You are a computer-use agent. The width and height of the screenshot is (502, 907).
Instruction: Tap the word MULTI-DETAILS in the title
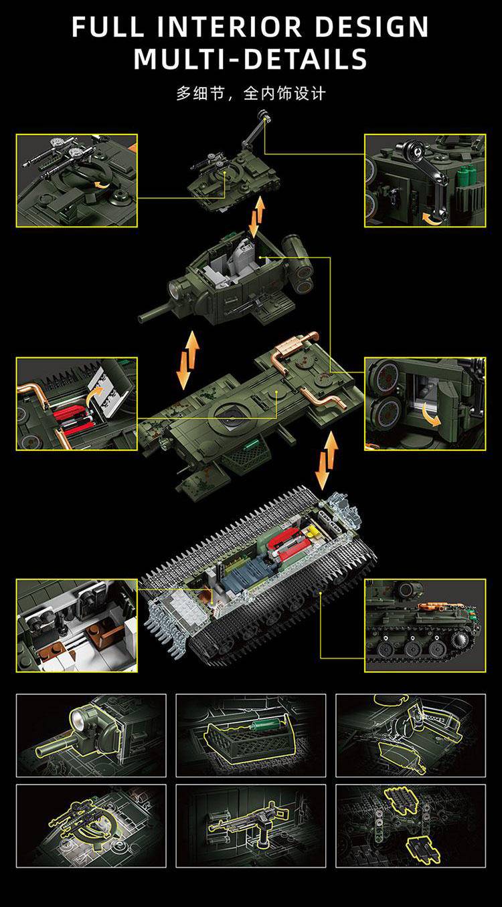coord(250,59)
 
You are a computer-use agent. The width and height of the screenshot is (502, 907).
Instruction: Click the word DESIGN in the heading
coord(371,27)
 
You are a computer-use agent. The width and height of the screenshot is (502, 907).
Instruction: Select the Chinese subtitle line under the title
coord(251,94)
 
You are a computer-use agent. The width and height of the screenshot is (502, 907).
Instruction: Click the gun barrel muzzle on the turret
coord(141,318)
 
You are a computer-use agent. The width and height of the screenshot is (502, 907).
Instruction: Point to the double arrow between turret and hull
coord(188,360)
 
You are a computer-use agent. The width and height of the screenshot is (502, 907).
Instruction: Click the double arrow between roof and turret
coord(257,217)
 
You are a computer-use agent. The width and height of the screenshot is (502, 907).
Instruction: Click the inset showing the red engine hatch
coord(76,404)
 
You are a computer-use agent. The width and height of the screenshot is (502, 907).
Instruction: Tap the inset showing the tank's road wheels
coord(425,625)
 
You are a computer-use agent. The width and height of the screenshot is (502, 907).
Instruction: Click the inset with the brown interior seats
coord(76,625)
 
